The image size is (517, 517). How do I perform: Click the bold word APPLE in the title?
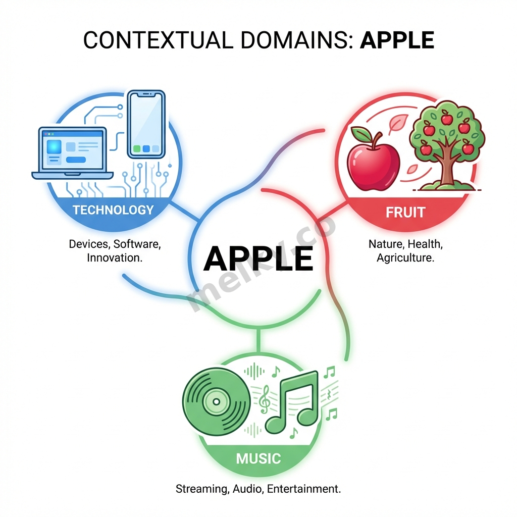click(397, 40)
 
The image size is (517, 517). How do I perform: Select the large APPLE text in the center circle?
click(258, 258)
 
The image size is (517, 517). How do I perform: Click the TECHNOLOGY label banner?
click(113, 210)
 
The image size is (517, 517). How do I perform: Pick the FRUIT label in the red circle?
click(405, 212)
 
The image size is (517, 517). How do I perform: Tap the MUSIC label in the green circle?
click(258, 458)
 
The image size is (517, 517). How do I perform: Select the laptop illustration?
click(72, 151)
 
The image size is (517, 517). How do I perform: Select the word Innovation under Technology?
click(114, 257)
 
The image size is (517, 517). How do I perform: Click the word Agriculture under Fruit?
click(405, 257)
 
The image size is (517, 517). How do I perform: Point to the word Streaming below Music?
click(199, 489)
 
